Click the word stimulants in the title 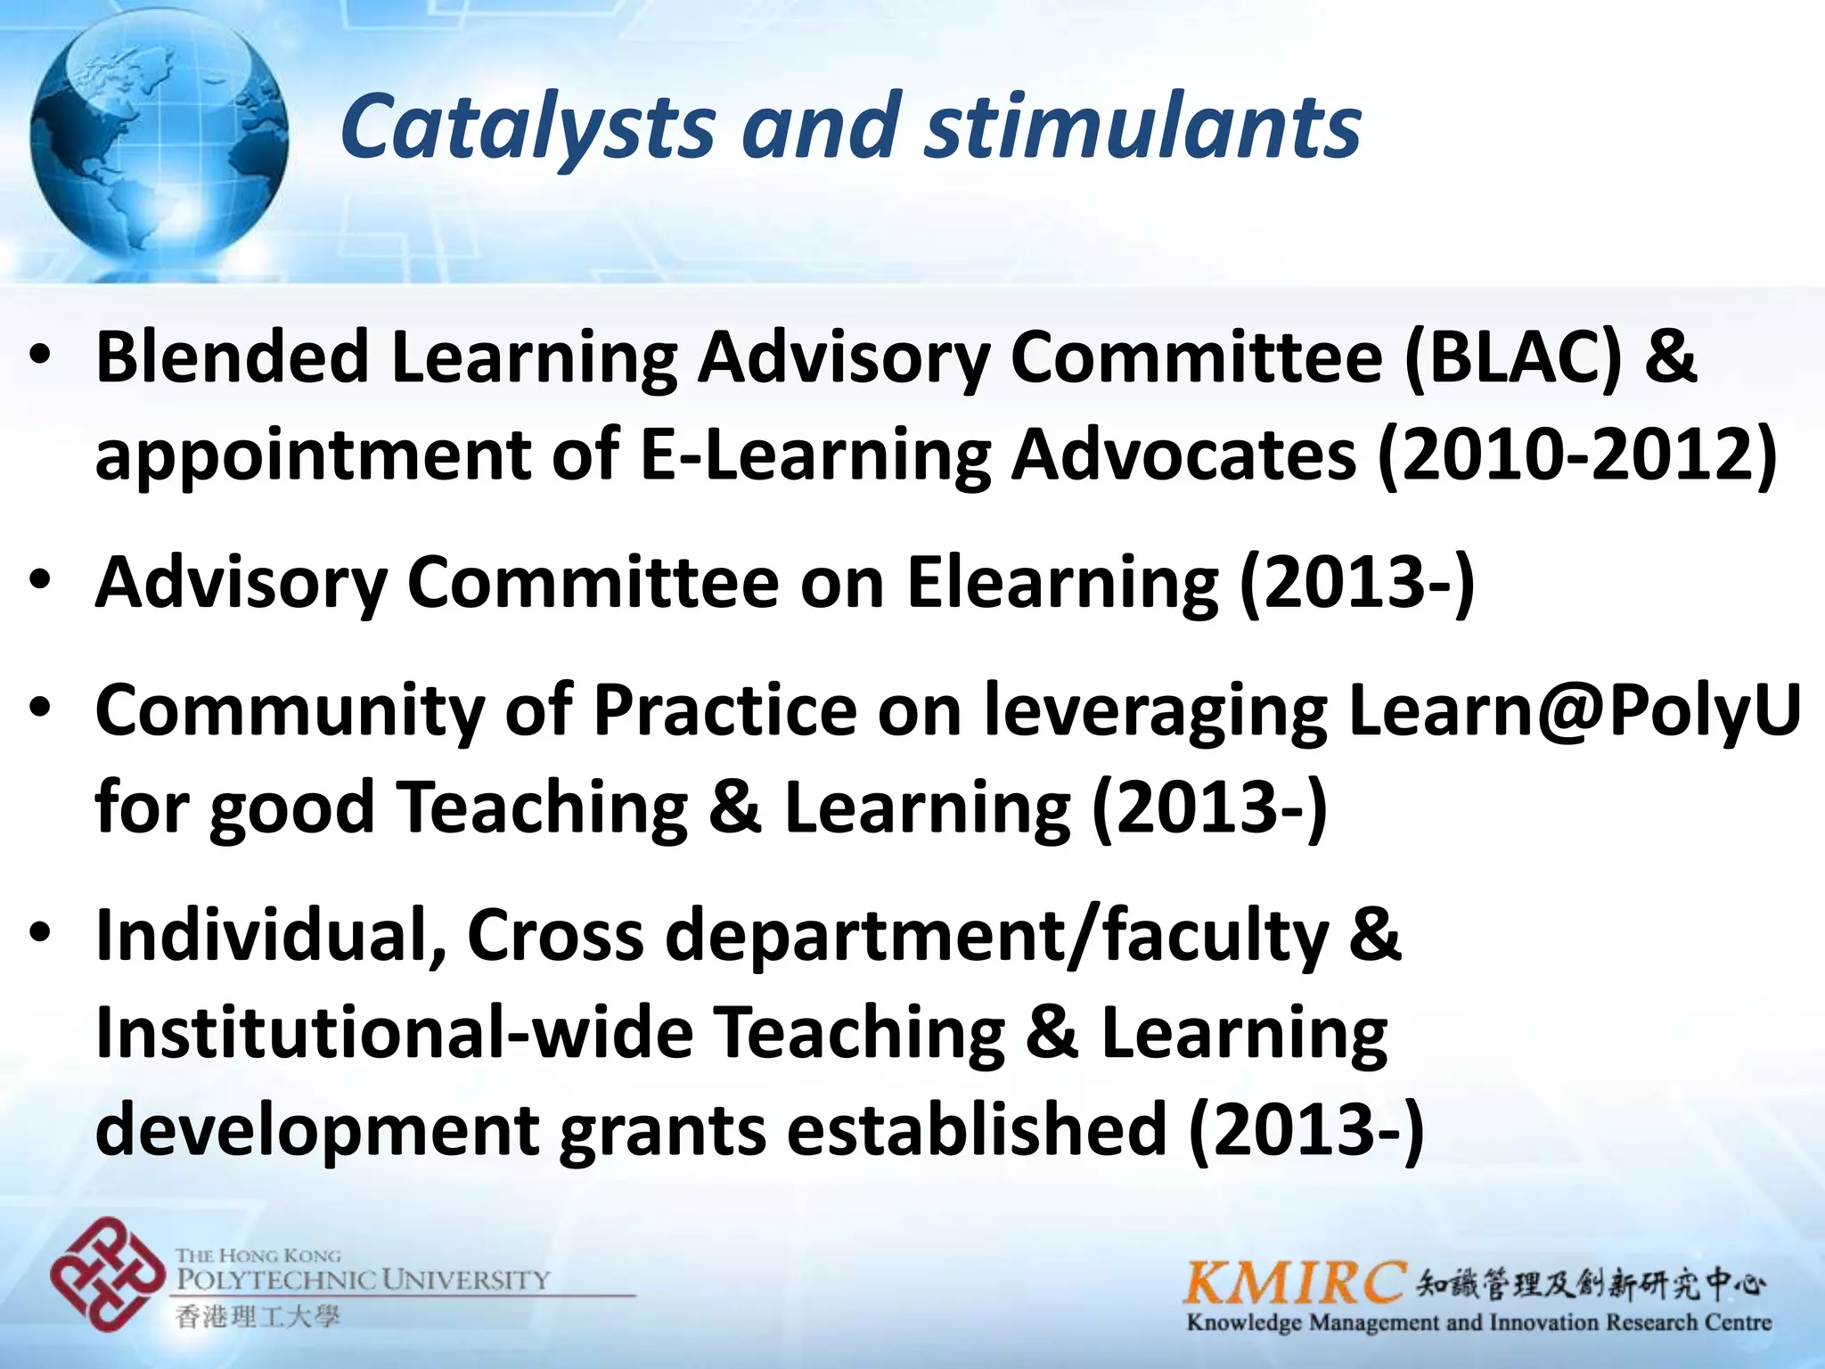(x=1143, y=127)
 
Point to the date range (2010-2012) (x=1576, y=455)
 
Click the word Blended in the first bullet (x=232, y=357)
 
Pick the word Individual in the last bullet (x=271, y=936)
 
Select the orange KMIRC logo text (x=1295, y=1284)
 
